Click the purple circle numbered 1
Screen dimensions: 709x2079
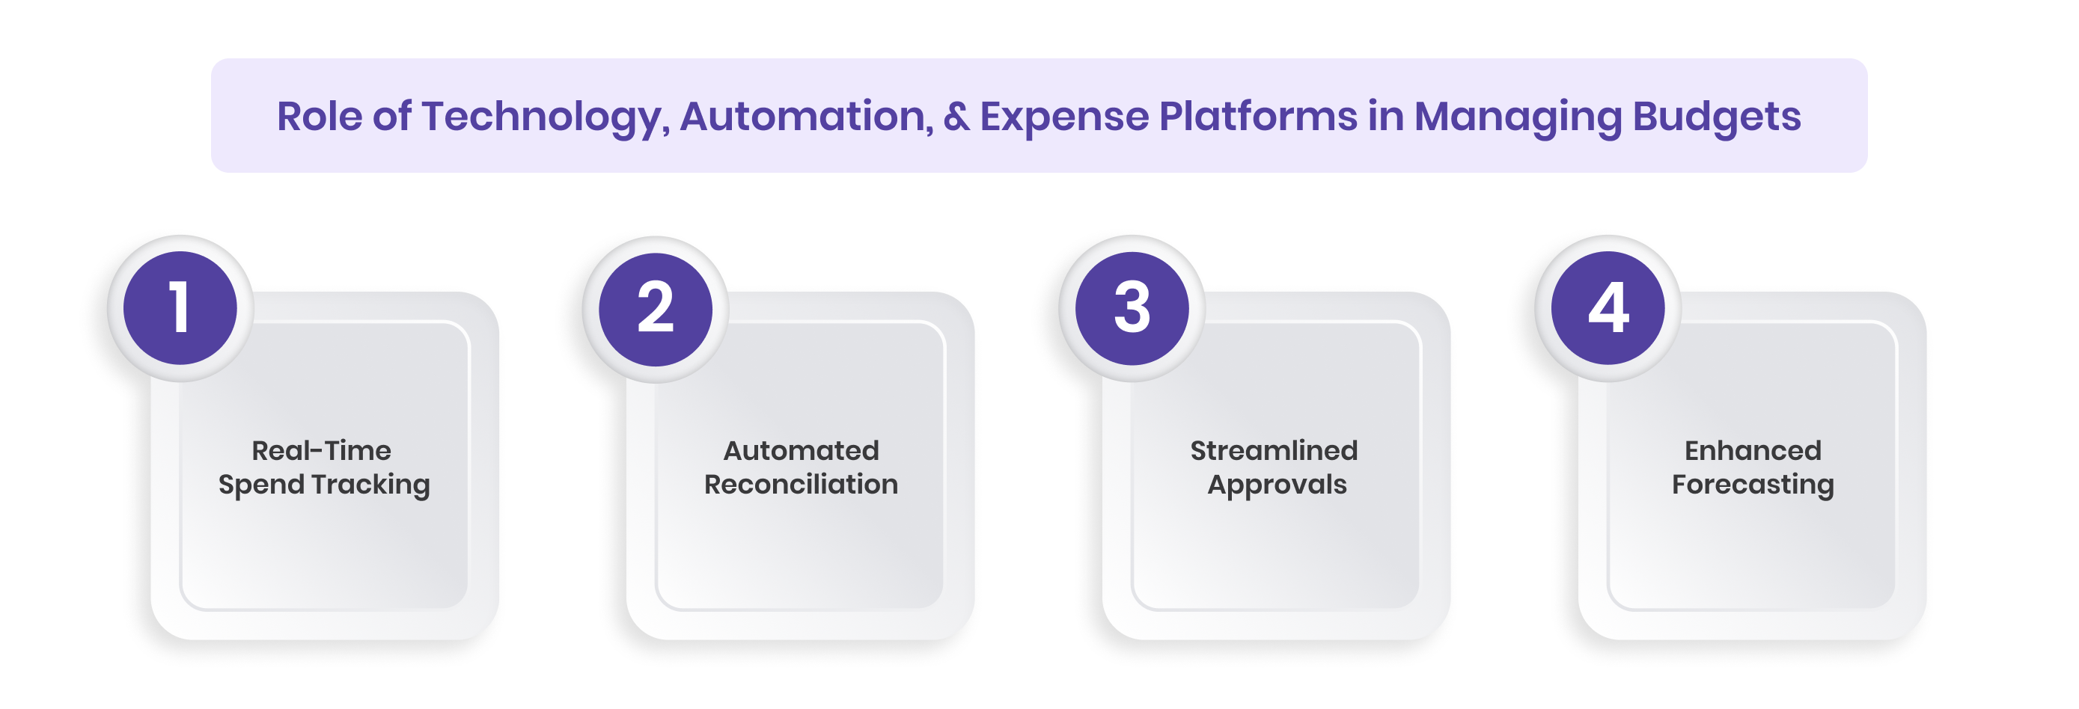click(180, 308)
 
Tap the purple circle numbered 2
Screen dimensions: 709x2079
click(656, 309)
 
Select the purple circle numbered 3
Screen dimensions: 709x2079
click(1132, 308)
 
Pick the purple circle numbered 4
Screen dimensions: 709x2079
click(1608, 308)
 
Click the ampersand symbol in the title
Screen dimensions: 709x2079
click(956, 116)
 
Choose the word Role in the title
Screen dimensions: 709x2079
click(320, 116)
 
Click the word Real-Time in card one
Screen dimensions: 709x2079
click(321, 450)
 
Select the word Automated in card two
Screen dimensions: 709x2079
click(801, 450)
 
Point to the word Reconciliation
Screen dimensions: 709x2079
click(801, 484)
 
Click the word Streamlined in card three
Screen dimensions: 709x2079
click(1274, 450)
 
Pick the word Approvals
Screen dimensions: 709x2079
click(1277, 484)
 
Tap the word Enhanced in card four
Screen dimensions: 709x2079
click(1752, 450)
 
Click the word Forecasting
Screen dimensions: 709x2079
click(1752, 484)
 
